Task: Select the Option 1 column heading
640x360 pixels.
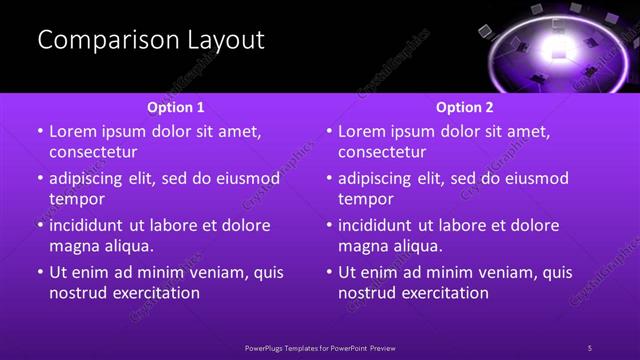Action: (x=176, y=107)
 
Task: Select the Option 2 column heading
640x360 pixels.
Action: (x=465, y=107)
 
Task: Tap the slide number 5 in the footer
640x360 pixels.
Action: (x=590, y=348)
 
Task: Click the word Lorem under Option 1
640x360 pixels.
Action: (x=73, y=132)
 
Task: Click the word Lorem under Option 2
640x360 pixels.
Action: (x=362, y=132)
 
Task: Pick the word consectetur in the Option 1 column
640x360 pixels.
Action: (x=93, y=152)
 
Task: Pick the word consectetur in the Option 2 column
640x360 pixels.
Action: (x=382, y=152)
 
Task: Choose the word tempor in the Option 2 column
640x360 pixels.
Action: (x=366, y=199)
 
